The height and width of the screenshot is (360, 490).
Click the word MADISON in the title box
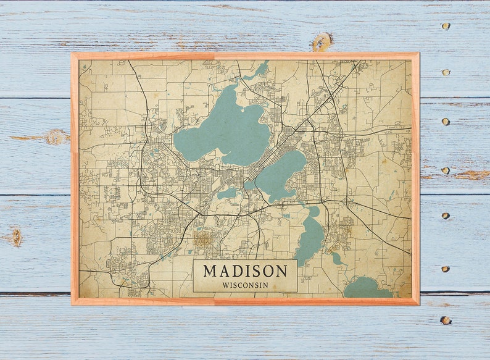point(245,271)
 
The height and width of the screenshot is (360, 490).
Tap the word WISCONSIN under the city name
point(245,285)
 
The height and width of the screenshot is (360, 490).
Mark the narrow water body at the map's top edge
point(260,70)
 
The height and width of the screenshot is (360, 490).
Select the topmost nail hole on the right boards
point(445,27)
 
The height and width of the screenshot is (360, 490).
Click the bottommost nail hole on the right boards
point(445,320)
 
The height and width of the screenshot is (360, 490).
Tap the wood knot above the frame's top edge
point(321,42)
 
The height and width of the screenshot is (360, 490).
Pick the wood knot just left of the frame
point(56,136)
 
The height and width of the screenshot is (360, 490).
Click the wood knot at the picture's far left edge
point(15,237)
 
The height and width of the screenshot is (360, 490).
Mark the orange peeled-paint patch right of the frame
point(471,175)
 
